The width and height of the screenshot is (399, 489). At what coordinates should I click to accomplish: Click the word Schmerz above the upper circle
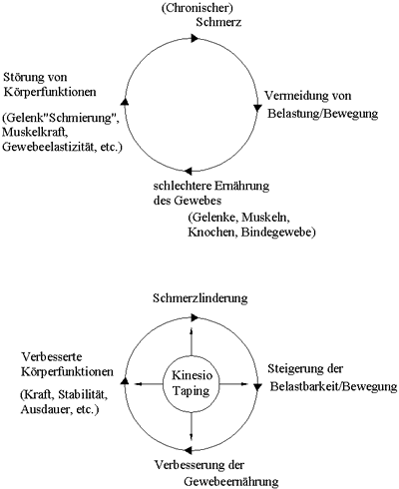[218, 22]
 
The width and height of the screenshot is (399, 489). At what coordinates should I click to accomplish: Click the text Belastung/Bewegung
[323, 114]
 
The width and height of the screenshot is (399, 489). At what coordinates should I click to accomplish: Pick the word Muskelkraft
[33, 132]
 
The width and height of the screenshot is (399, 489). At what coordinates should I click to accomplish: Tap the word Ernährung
[241, 186]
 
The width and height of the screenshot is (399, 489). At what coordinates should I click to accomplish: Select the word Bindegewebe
[278, 232]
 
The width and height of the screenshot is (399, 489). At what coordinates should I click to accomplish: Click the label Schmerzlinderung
[200, 298]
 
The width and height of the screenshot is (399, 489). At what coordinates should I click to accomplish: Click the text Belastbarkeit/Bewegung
[333, 386]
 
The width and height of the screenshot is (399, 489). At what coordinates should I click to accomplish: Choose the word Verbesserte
[52, 357]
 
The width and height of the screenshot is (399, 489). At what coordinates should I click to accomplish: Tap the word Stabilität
[83, 395]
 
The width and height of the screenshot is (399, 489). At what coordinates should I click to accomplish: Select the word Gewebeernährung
[231, 481]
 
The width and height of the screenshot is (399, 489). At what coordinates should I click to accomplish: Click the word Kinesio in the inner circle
[192, 375]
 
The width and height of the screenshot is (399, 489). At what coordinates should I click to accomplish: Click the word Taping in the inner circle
[192, 390]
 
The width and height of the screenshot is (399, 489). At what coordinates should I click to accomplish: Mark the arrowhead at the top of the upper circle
[195, 38]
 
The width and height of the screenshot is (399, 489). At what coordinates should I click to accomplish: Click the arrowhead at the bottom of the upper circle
[189, 171]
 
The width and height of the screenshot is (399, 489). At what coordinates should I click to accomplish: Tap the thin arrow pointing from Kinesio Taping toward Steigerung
[234, 384]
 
